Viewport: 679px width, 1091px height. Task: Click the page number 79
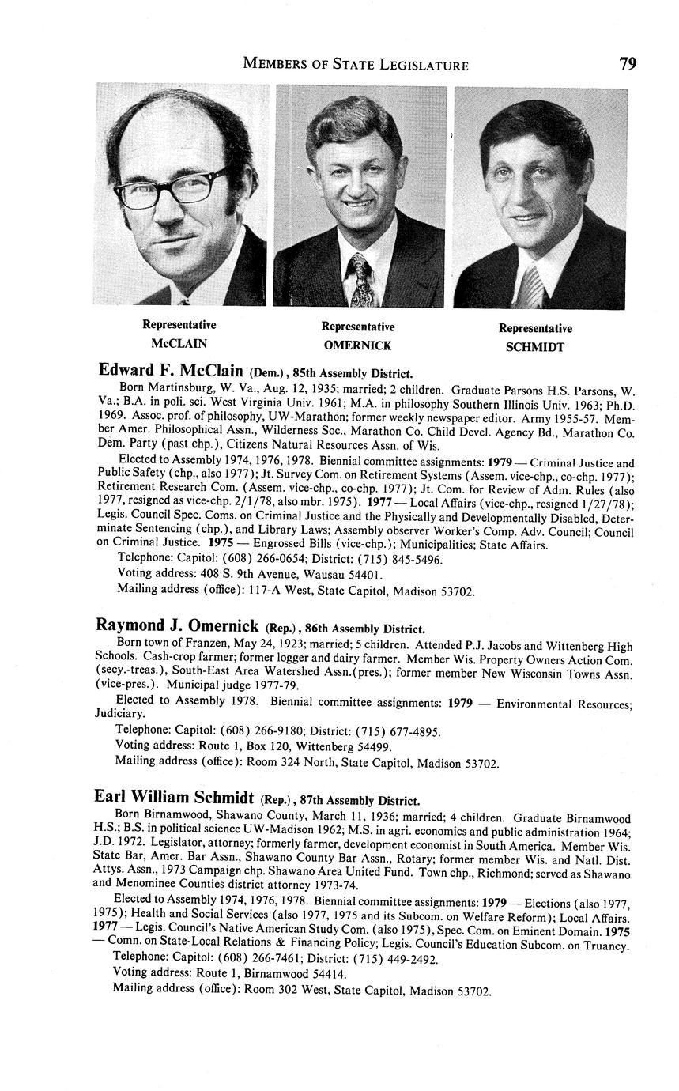pyautogui.click(x=628, y=64)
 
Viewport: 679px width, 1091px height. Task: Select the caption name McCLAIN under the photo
pyautogui.click(x=179, y=343)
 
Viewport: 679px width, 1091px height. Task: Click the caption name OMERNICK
pyautogui.click(x=357, y=345)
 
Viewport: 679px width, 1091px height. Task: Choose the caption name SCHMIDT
pyautogui.click(x=534, y=347)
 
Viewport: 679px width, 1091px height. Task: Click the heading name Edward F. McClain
pyautogui.click(x=170, y=371)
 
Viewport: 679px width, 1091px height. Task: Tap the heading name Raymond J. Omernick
pyautogui.click(x=177, y=626)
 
